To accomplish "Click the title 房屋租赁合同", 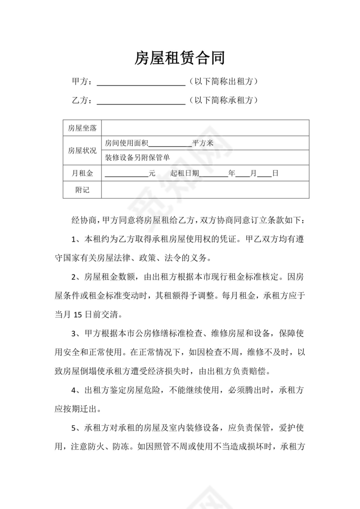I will coord(180,58).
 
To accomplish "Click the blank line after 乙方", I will coord(141,101).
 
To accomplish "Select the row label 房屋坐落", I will coord(82,128).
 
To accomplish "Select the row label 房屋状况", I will coord(82,150).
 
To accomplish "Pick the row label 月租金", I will coord(82,173).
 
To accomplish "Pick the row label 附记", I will coord(82,190).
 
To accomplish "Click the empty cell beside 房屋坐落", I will coord(205,128).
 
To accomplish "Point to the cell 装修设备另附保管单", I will coord(137,158).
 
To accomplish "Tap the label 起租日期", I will coord(185,173).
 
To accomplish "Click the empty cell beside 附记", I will coord(205,190).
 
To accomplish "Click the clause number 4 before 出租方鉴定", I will coord(74,390).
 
